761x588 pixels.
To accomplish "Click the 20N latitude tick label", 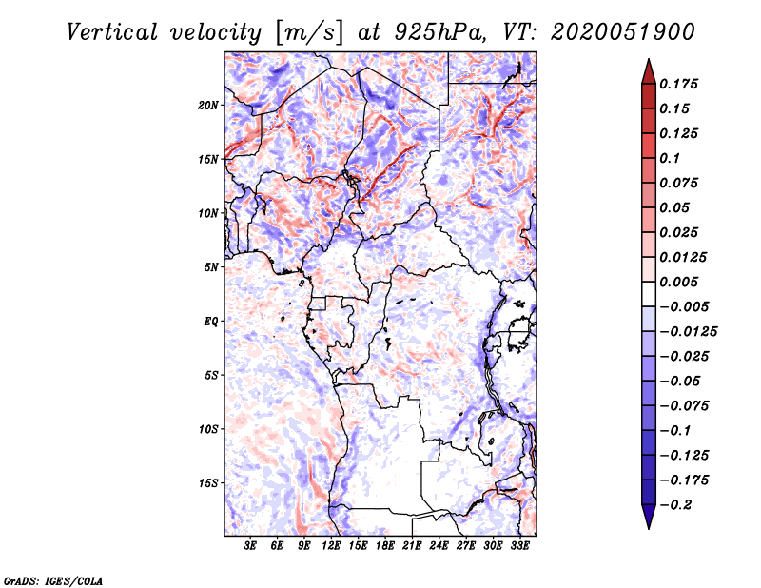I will coord(208,105).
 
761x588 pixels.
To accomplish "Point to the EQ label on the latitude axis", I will coord(210,322).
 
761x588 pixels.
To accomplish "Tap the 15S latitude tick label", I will coord(208,483).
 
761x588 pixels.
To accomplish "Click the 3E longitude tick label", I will coord(250,546).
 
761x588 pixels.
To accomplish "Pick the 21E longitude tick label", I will coord(412,546).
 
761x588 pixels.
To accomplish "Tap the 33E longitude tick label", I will coord(519,546).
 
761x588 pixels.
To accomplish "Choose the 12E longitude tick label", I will coord(331,546).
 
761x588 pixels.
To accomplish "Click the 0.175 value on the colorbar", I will coord(679,84).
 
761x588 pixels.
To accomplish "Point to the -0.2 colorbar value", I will coord(675,505).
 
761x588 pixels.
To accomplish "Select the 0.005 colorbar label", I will coord(679,282).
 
